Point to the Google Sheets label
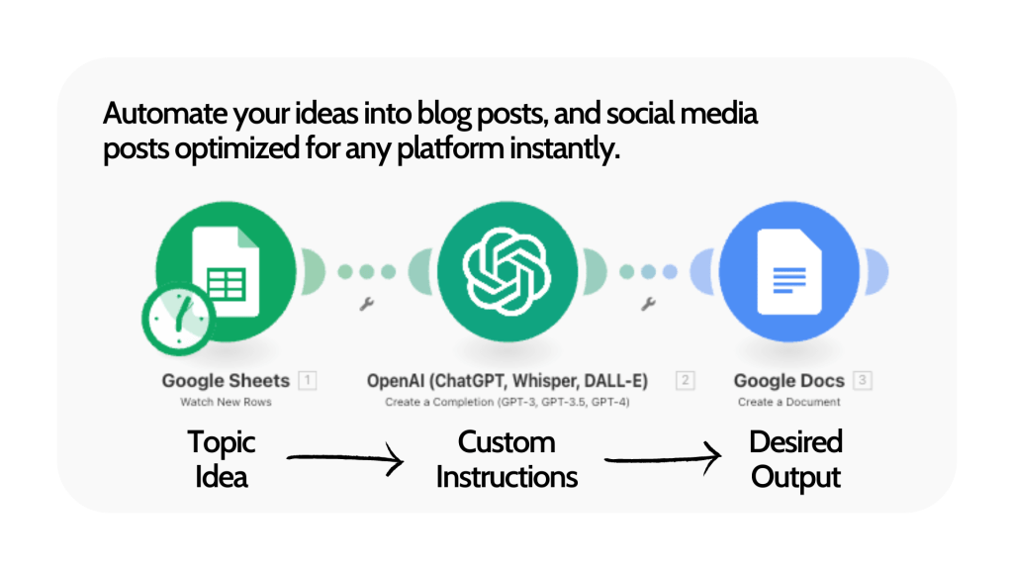click(226, 381)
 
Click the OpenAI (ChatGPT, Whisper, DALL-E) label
click(507, 381)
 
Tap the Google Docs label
click(788, 381)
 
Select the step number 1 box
click(308, 381)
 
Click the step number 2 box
click(685, 381)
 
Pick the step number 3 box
click(864, 381)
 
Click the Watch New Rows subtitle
click(226, 403)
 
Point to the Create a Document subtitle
click(788, 403)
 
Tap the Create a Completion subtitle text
click(507, 403)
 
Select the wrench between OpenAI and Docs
click(649, 305)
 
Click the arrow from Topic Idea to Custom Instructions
click(344, 458)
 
